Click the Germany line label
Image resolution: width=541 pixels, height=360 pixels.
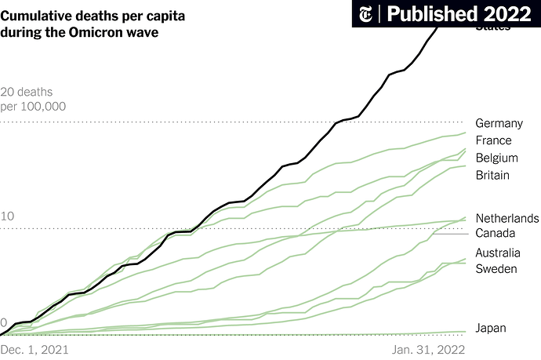click(x=499, y=123)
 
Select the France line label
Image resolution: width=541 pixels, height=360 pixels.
click(x=493, y=140)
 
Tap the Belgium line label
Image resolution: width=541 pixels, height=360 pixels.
click(x=496, y=158)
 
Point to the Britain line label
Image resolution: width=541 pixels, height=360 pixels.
click(x=492, y=175)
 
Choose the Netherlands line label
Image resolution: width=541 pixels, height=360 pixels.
click(x=507, y=218)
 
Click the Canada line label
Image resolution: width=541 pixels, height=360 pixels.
click(x=496, y=234)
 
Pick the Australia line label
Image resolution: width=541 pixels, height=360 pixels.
click(x=498, y=253)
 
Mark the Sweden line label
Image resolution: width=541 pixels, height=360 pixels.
click(x=495, y=269)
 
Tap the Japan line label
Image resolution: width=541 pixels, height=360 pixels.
click(x=490, y=328)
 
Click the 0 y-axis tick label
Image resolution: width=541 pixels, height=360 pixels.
click(x=4, y=323)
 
